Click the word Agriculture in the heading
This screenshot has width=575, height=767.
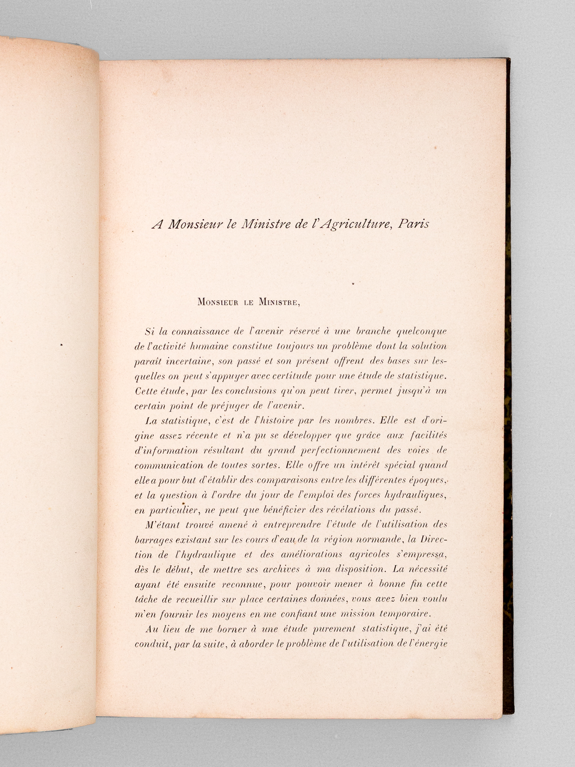[x=352, y=224]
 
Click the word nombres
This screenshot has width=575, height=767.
[x=350, y=420]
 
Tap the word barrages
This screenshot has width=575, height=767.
[x=154, y=539]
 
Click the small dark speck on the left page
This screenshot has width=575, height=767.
[x=61, y=344]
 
